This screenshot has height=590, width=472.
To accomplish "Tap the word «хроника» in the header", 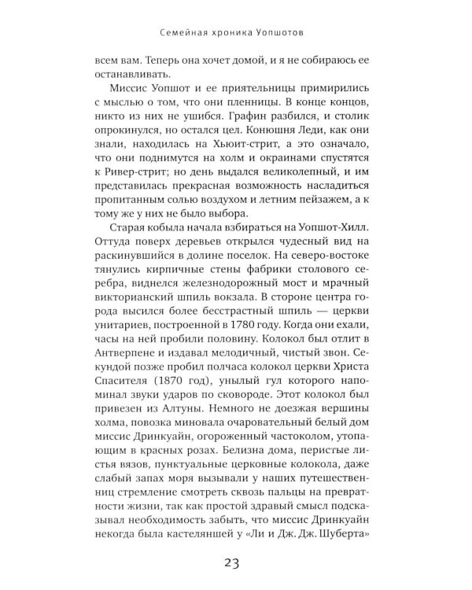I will [x=226, y=34].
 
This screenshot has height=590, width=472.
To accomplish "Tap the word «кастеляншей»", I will [x=195, y=537].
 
